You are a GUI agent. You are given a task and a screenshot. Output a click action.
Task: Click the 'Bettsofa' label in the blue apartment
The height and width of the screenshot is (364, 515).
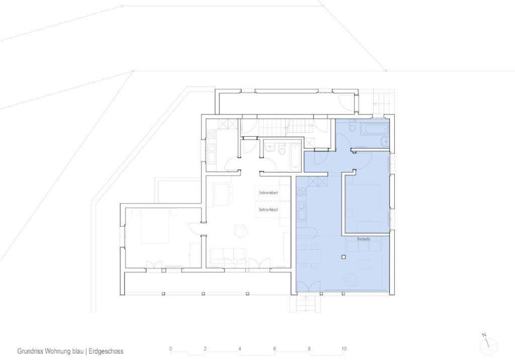coord(363,239)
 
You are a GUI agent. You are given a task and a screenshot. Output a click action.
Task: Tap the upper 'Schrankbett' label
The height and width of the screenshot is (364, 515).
coord(269,193)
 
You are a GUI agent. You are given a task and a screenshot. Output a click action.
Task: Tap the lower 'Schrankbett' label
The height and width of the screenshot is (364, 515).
coord(269,209)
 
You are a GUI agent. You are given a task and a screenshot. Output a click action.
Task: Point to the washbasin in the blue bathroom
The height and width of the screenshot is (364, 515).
coord(385,142)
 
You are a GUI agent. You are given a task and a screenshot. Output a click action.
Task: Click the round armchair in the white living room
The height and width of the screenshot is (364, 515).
coord(240,230)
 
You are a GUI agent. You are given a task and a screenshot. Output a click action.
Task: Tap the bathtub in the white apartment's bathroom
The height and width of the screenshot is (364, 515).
coord(295,156)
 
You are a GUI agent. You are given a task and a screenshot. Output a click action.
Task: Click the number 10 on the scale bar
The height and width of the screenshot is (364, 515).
coord(344,348)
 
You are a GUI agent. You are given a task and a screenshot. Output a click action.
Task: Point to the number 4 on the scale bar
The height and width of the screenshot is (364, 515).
coord(240,348)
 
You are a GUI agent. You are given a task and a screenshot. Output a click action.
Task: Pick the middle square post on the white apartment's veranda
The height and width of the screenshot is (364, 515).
coord(204,293)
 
